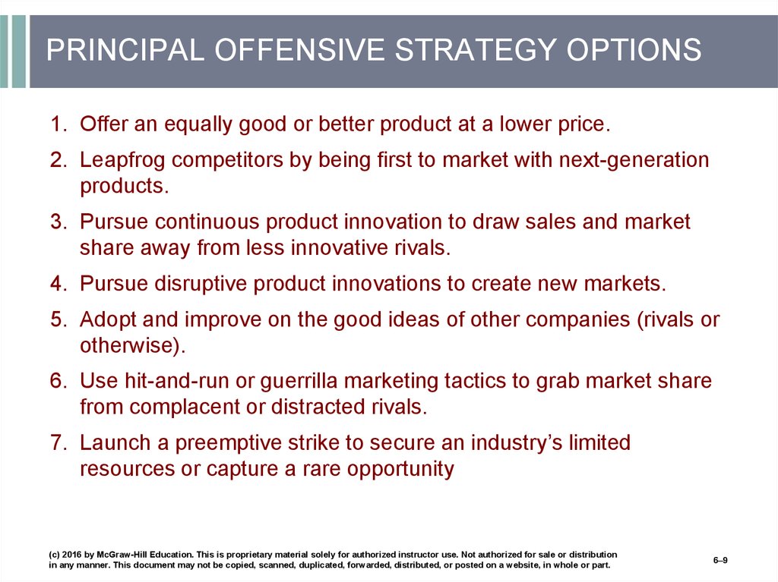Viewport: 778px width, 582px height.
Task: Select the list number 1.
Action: click(59, 124)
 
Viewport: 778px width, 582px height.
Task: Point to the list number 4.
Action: click(59, 284)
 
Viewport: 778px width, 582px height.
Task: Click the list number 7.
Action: click(59, 442)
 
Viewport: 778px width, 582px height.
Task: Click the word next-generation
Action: click(634, 161)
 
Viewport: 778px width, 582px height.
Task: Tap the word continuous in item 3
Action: click(207, 222)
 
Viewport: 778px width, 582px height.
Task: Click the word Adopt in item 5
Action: click(108, 320)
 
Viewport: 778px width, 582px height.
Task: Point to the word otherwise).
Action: click(133, 346)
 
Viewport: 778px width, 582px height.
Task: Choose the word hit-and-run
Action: click(177, 381)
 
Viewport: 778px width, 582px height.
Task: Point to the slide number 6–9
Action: click(720, 560)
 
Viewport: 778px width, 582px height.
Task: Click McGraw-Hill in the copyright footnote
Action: click(121, 555)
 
